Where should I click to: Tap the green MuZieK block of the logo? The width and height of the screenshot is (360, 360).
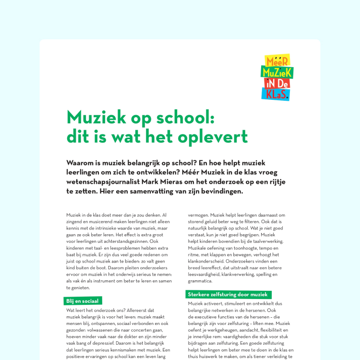277,72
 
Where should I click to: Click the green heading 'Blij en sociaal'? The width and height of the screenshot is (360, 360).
83,301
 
